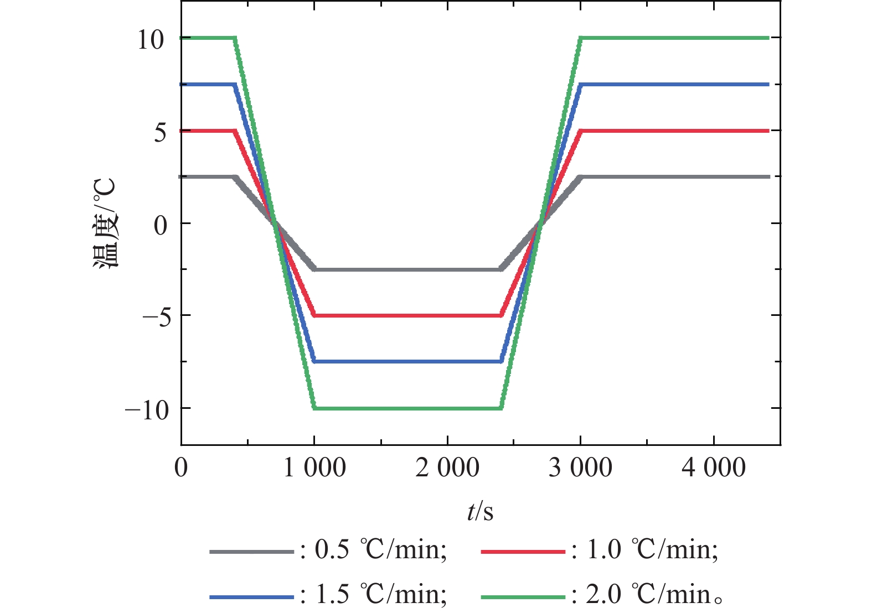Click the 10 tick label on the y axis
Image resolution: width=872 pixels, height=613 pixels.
pyautogui.click(x=151, y=39)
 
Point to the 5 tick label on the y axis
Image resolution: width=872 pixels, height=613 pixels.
pyautogui.click(x=160, y=132)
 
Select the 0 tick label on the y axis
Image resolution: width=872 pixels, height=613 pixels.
pyautogui.click(x=160, y=225)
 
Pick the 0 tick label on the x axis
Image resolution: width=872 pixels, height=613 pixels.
pyautogui.click(x=181, y=468)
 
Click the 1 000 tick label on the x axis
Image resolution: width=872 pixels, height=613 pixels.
pyautogui.click(x=314, y=468)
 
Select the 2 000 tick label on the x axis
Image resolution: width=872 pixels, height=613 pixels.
pyautogui.click(x=447, y=468)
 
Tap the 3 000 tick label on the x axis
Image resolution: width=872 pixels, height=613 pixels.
pyautogui.click(x=580, y=468)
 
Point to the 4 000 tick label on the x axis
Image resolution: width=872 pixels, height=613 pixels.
pyautogui.click(x=713, y=468)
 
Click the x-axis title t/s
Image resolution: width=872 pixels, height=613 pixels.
pyautogui.click(x=479, y=512)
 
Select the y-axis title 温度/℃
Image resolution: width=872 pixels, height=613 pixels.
pyautogui.click(x=105, y=223)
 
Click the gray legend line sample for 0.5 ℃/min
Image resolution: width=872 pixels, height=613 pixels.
pyautogui.click(x=251, y=552)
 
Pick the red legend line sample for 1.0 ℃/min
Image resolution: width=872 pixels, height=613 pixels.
pyautogui.click(x=523, y=552)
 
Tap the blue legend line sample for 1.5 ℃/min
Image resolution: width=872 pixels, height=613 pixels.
pyautogui.click(x=251, y=597)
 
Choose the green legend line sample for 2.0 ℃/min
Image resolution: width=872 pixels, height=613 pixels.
pyautogui.click(x=523, y=597)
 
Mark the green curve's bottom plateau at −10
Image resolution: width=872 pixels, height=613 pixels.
pyautogui.click(x=407, y=408)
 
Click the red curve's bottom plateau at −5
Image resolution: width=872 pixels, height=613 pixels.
pyautogui.click(x=407, y=315)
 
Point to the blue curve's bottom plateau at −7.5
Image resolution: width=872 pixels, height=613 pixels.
pyautogui.click(x=407, y=362)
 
